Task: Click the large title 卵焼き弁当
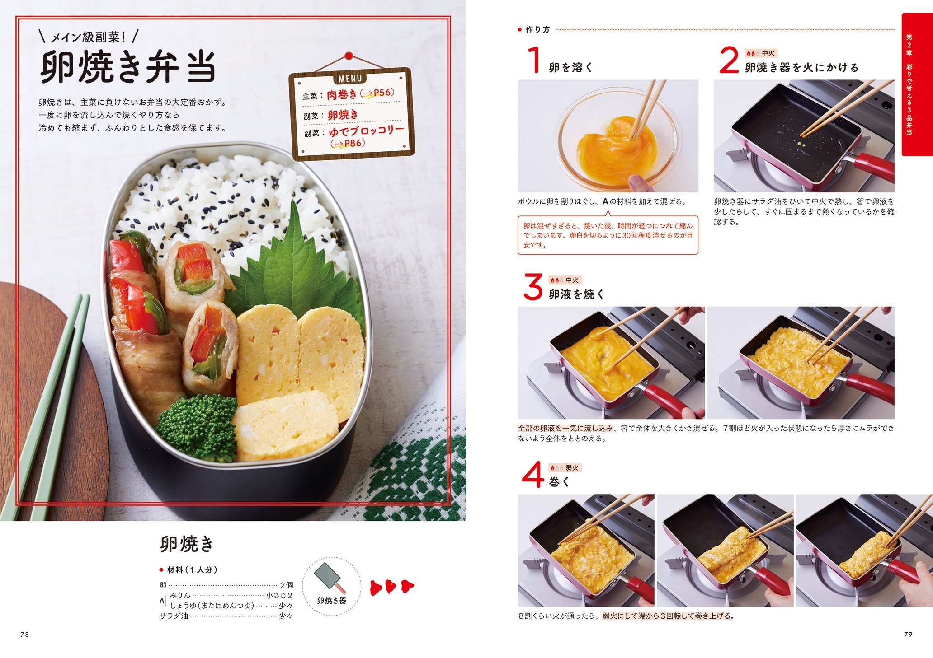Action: (128, 66)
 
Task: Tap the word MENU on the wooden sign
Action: (350, 78)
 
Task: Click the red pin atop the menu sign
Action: (348, 56)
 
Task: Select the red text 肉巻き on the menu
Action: (342, 95)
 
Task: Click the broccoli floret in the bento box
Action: (198, 426)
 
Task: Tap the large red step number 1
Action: (534, 60)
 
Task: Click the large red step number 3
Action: (532, 286)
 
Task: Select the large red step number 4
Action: (532, 474)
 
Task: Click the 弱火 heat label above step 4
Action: (572, 468)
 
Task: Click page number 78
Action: (25, 635)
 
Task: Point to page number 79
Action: (908, 635)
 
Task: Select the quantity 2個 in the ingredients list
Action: (287, 585)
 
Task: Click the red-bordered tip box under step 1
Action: (608, 235)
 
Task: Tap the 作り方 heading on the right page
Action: (537, 30)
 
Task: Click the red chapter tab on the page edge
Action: (917, 84)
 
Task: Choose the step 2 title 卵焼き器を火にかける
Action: (801, 68)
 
